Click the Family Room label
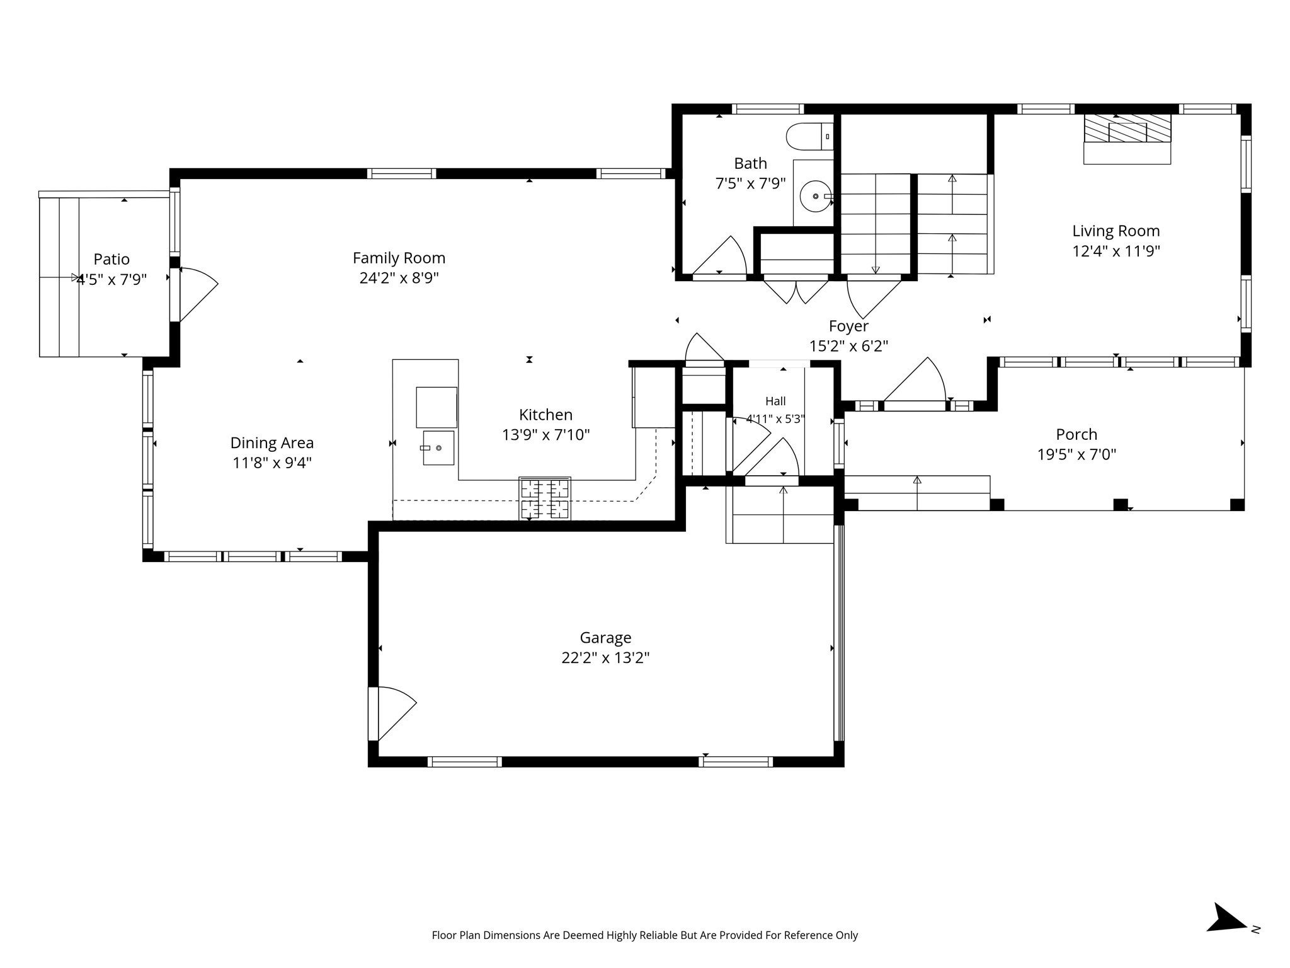point(399,258)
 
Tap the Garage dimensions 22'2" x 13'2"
point(605,658)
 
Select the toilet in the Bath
point(809,136)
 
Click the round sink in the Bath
point(816,197)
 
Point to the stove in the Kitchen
point(545,498)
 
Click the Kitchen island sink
point(438,447)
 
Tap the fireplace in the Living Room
point(1127,139)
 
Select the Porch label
point(1076,434)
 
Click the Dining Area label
point(271,443)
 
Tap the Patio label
point(111,259)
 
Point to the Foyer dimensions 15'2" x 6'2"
point(848,346)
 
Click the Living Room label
point(1116,231)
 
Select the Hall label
point(775,401)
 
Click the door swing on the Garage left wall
point(392,713)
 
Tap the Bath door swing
point(719,256)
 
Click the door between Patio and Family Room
point(195,294)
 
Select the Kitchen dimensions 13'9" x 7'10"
point(545,435)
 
